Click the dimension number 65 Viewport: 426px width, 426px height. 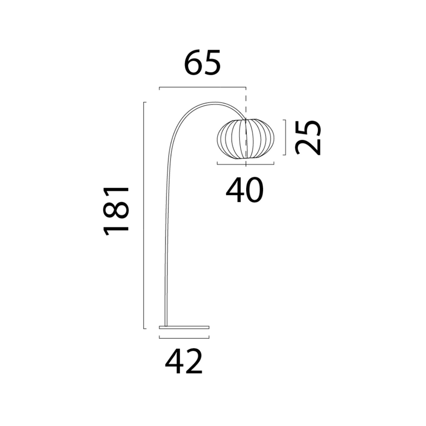point(203,63)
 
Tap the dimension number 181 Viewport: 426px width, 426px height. point(116,211)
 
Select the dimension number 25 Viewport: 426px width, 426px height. point(308,138)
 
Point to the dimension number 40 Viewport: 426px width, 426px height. point(245,190)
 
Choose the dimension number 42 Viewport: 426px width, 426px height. point(184,362)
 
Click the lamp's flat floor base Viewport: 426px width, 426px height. point(184,327)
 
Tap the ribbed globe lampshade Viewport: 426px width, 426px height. point(246,139)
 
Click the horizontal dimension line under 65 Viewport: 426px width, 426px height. point(203,87)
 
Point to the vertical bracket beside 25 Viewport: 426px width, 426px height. point(285,138)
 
